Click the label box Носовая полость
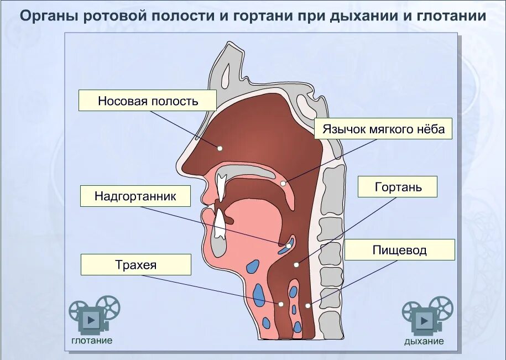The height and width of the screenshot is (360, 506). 148,101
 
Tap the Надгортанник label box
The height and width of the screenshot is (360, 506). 135,196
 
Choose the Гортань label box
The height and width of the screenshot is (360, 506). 398,187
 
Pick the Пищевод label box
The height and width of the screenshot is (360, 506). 399,250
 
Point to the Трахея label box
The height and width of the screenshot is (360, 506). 136,265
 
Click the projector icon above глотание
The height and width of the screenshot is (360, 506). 94,314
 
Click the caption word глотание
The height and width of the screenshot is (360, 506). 92,341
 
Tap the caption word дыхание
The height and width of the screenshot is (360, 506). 424,341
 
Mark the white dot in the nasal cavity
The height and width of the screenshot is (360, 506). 220,148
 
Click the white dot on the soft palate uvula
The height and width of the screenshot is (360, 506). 283,183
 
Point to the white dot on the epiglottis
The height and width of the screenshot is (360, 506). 289,245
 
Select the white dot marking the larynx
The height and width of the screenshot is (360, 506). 296,265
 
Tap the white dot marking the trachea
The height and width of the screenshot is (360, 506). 281,304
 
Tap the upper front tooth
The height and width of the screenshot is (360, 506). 221,187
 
